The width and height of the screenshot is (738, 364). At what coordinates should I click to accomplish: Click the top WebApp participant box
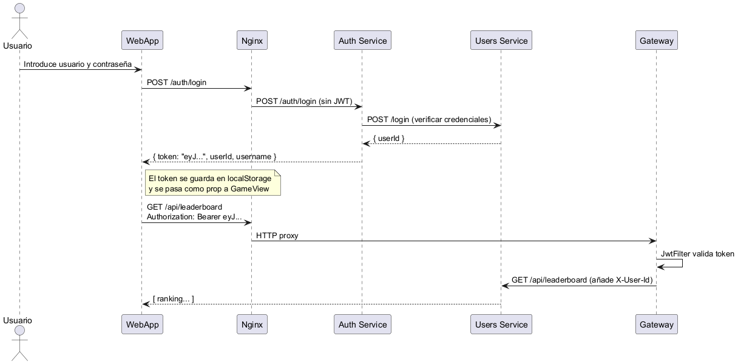click(x=142, y=40)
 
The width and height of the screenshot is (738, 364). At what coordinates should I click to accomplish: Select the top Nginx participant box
click(x=252, y=40)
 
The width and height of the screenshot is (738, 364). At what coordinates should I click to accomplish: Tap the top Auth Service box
click(x=362, y=40)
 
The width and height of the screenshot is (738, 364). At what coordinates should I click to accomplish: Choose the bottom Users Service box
click(x=501, y=324)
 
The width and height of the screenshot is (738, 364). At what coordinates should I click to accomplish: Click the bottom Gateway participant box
click(x=657, y=324)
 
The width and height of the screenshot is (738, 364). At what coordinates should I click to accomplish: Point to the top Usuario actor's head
click(x=20, y=9)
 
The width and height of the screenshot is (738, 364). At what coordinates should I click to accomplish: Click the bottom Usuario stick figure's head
click(x=20, y=331)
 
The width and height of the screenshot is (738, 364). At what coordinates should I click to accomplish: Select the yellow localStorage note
click(x=213, y=183)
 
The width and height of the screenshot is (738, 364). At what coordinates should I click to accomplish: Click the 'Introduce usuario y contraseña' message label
click(x=78, y=64)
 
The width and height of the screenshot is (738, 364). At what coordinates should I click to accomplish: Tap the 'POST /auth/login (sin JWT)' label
click(x=304, y=101)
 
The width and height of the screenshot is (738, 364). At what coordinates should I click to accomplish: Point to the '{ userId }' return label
click(x=389, y=139)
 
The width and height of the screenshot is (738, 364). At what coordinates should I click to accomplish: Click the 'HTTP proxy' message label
click(x=277, y=235)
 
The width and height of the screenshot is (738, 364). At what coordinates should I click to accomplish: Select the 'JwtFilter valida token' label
click(x=697, y=253)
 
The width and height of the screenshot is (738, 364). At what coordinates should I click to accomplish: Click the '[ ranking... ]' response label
click(x=174, y=298)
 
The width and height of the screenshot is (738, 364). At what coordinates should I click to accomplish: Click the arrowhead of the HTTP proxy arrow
click(x=652, y=241)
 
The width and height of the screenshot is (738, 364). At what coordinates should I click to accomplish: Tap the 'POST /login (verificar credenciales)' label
click(x=429, y=120)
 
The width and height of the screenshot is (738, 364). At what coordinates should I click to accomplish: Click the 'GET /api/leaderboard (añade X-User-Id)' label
click(x=582, y=280)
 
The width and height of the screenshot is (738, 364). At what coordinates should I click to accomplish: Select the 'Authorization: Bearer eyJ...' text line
click(x=194, y=217)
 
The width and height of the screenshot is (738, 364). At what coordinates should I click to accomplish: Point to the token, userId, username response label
click(x=214, y=156)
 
